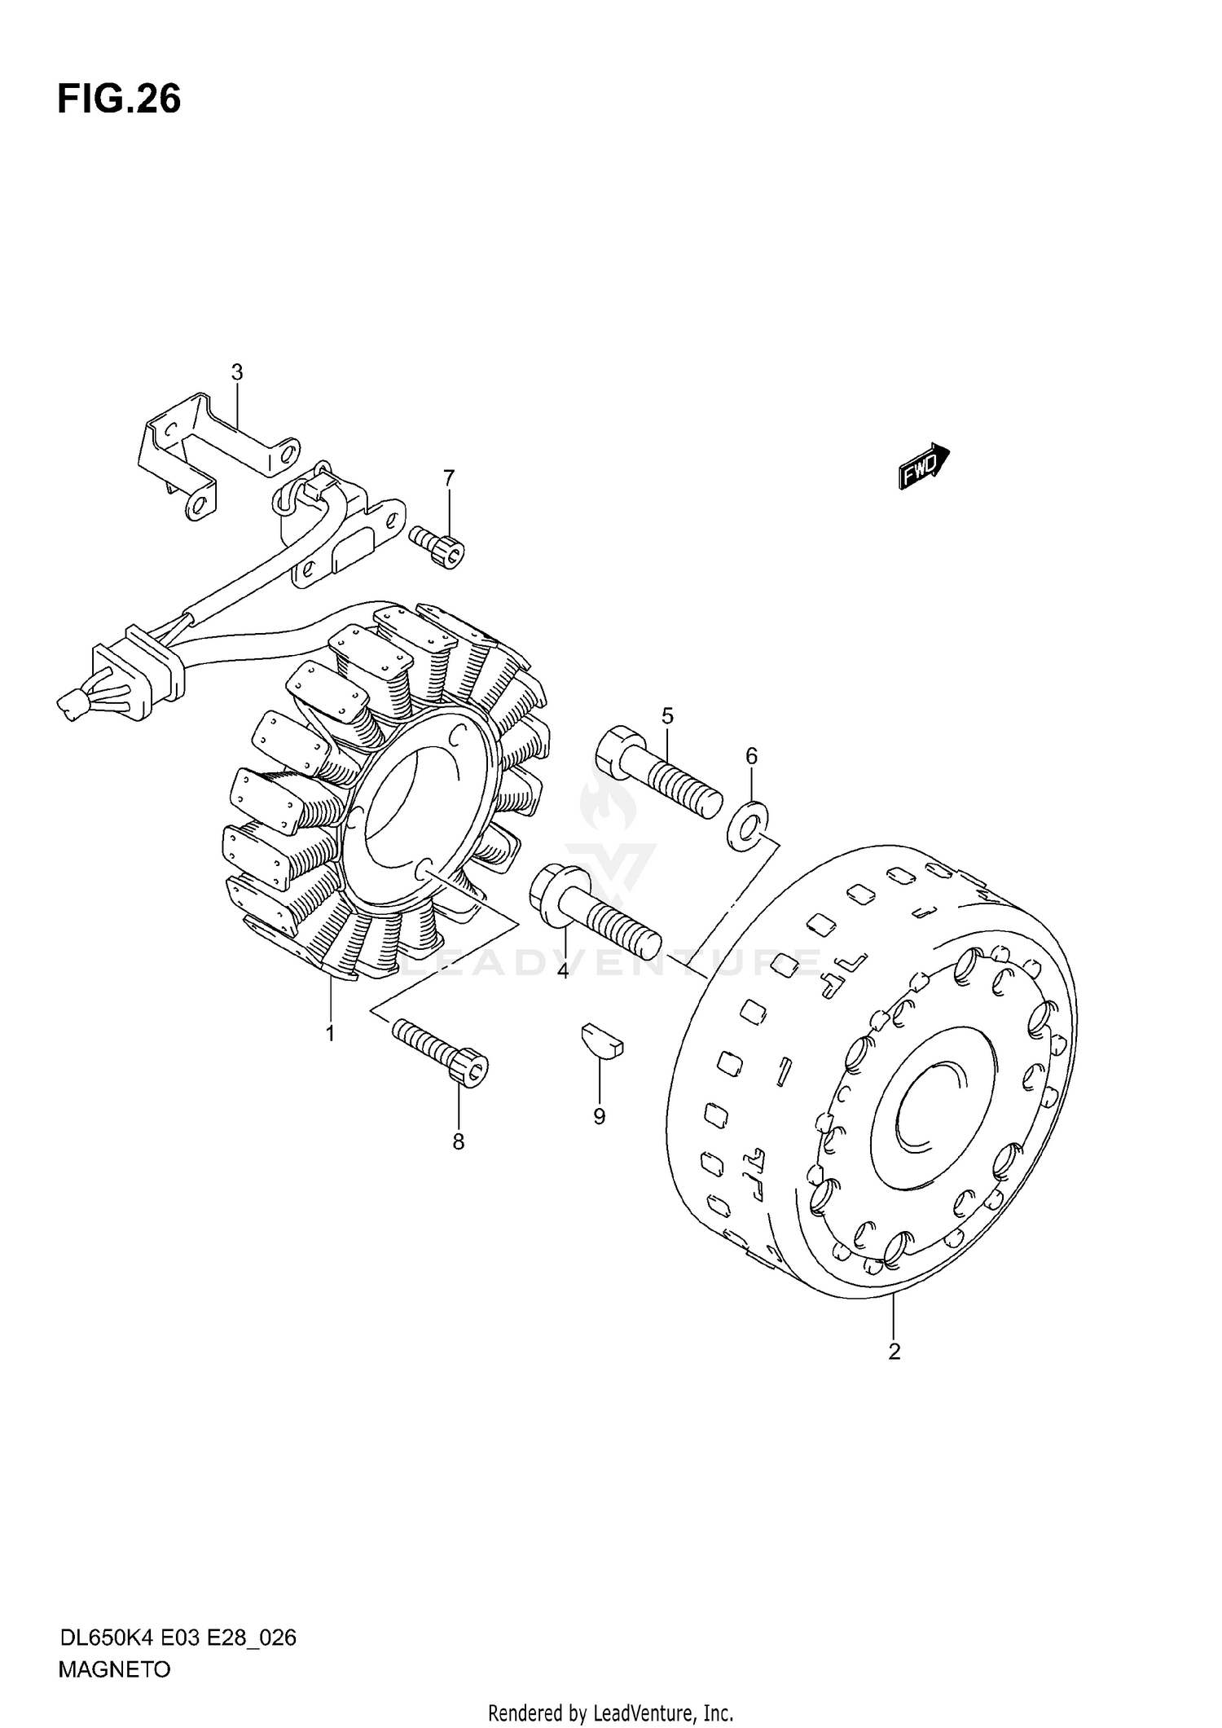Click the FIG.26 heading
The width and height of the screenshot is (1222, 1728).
click(119, 99)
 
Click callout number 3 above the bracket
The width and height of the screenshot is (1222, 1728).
click(237, 372)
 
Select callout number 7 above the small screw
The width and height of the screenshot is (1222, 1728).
click(449, 478)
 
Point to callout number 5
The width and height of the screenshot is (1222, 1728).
click(668, 716)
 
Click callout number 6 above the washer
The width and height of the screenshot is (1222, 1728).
click(751, 756)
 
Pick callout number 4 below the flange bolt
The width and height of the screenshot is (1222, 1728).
click(562, 971)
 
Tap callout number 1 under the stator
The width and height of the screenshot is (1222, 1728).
click(330, 1034)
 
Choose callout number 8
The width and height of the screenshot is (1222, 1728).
click(459, 1142)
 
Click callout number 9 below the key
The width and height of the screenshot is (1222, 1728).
click(600, 1116)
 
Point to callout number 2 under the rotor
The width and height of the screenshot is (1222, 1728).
click(895, 1352)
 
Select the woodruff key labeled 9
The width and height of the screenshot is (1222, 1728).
click(602, 1040)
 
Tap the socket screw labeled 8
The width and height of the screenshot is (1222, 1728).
click(440, 1052)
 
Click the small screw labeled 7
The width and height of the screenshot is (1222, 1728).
click(437, 547)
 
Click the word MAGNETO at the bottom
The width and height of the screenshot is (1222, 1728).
click(115, 1671)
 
